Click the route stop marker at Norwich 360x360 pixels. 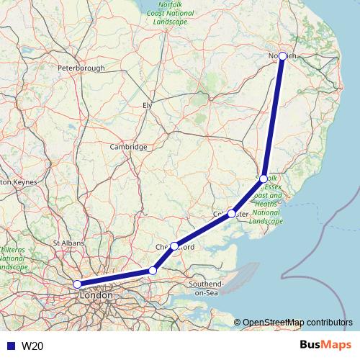283,55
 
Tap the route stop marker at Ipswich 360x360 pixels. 264,179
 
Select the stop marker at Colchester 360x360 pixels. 231,213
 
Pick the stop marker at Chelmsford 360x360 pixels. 174,246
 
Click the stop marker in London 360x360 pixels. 77,284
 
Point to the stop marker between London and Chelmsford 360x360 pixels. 152,271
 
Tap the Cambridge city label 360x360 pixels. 128,147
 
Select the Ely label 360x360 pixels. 148,105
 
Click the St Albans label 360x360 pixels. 69,243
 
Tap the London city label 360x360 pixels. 96,296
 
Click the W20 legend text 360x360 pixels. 32,346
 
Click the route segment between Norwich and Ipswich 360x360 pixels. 274,117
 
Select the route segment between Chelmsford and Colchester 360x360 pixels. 203,229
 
